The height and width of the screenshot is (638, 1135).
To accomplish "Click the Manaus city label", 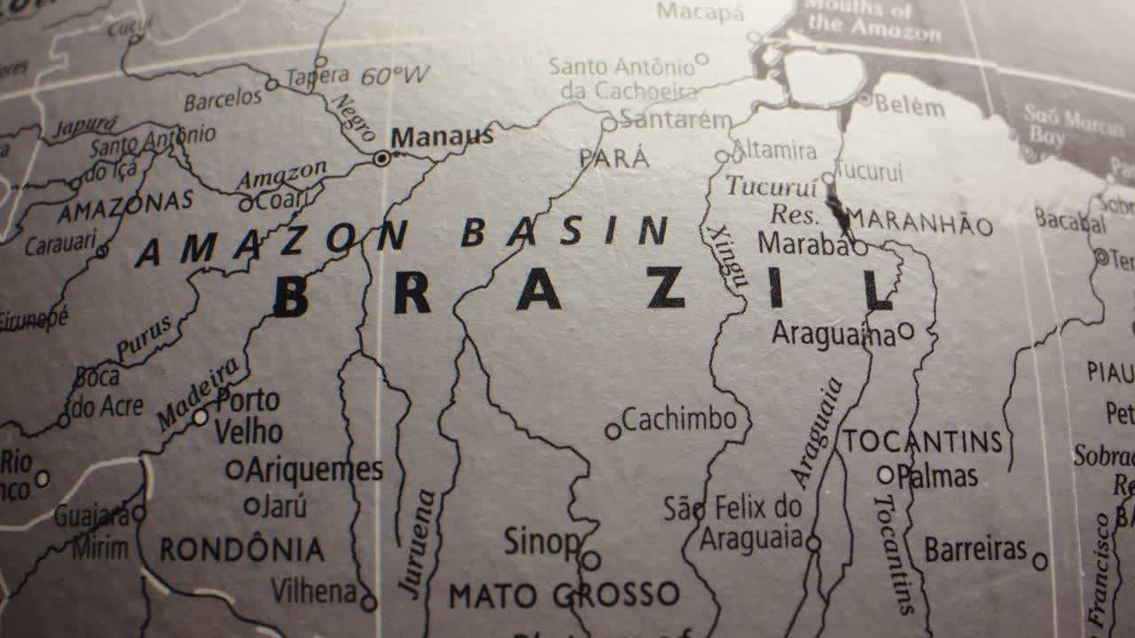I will pos(442,137).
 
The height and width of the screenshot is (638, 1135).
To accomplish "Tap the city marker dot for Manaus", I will pos(382,159).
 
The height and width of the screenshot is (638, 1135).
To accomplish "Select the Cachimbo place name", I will pos(679,419).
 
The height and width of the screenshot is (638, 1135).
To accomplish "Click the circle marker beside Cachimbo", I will pos(613,432).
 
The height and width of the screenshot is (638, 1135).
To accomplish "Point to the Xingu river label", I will pos(727,256).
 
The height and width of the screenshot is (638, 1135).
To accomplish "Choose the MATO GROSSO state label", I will pos(564,595).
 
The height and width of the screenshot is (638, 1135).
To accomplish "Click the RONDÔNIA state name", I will pos(241,549).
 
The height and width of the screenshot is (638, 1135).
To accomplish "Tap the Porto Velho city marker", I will pos(201,416).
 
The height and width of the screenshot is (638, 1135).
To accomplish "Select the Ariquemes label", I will pos(314,470).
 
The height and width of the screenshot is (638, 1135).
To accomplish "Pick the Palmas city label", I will pos(937,477).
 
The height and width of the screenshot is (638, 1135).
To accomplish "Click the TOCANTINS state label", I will pos(922,441).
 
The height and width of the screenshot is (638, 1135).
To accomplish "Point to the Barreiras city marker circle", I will pos(1040,561).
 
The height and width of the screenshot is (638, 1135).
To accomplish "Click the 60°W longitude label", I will pos(395,76).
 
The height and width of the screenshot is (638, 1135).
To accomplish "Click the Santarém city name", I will pos(676,120).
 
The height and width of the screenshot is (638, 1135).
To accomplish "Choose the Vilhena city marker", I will pos(368,603).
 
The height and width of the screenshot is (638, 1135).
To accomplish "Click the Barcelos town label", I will pos(223,99).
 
